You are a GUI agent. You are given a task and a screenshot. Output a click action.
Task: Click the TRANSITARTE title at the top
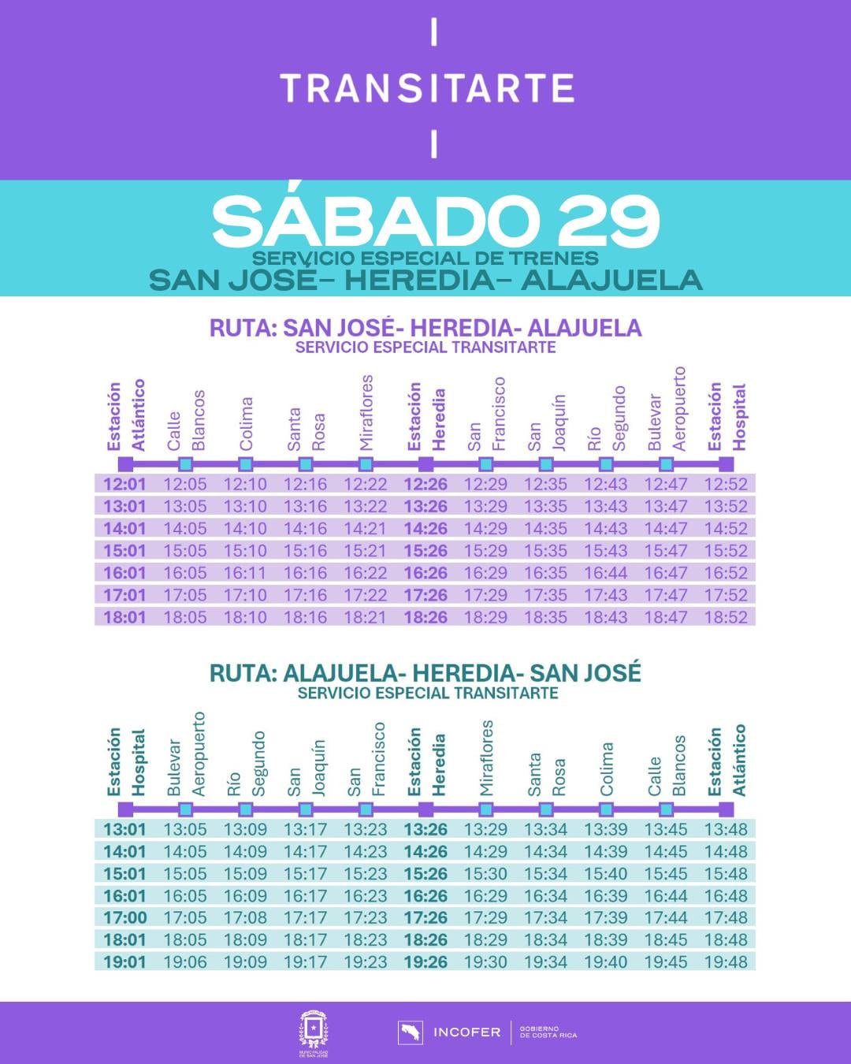tap(426, 88)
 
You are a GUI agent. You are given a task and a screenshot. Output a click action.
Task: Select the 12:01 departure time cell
tap(124, 484)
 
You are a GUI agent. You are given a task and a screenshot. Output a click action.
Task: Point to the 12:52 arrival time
tap(725, 484)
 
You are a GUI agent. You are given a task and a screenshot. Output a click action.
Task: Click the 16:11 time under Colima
tap(245, 573)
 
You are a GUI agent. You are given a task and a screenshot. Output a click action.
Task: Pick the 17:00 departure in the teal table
tap(124, 918)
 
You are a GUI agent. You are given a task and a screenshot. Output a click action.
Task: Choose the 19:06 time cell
tap(185, 962)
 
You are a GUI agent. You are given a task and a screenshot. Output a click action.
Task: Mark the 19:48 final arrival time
tap(725, 962)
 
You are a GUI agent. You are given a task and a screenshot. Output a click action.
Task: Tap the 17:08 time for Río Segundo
tap(245, 918)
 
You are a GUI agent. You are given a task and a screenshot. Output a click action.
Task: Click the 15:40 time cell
tap(605, 874)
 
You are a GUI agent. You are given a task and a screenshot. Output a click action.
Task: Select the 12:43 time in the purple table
tap(605, 484)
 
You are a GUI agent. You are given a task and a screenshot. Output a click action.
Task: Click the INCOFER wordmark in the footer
tap(466, 1032)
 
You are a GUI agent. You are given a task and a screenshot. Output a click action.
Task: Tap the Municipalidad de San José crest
tap(313, 1032)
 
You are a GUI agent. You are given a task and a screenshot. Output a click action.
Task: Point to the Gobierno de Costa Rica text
tap(548, 1032)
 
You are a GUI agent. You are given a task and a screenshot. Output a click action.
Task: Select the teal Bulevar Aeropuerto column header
tap(186, 755)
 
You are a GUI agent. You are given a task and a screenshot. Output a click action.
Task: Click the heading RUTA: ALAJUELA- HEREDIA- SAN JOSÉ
tap(425, 673)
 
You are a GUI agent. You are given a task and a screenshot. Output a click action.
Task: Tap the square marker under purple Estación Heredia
tap(425, 464)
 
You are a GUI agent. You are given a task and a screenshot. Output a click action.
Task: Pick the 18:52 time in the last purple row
tap(725, 617)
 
